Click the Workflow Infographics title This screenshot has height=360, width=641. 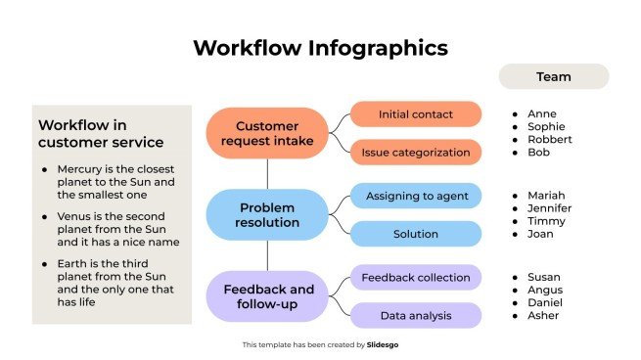click(x=320, y=48)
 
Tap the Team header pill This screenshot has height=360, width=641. click(x=553, y=76)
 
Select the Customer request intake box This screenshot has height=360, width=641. click(x=267, y=133)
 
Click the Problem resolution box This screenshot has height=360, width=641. click(x=267, y=215)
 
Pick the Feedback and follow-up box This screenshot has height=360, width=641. click(x=267, y=296)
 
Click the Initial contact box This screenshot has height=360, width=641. click(x=416, y=114)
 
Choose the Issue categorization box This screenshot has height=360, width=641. click(x=416, y=153)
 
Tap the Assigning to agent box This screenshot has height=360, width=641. click(x=416, y=196)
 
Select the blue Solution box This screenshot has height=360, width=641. click(x=416, y=234)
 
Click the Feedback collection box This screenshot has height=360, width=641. click(x=416, y=278)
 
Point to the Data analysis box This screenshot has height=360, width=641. click(x=416, y=316)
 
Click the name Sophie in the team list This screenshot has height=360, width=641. click(x=546, y=127)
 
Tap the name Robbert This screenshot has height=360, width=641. click(x=549, y=140)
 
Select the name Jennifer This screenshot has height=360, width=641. click(x=549, y=208)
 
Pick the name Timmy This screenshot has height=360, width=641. click(x=545, y=221)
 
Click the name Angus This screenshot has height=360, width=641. click(x=544, y=291)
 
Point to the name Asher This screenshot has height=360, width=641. click(x=543, y=316)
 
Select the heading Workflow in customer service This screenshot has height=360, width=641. click(x=96, y=134)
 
